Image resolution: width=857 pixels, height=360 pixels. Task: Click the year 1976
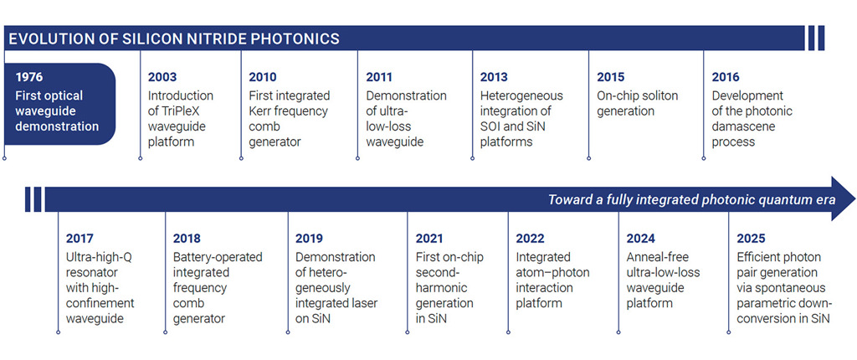point(28,76)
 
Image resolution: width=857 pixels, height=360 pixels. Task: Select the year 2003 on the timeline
point(162,77)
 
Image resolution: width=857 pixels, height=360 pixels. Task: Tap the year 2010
point(263,77)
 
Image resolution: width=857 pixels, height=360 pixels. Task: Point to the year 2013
point(494,77)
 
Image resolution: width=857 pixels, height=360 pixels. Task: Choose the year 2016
point(726,77)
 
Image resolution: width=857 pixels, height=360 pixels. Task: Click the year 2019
point(309,239)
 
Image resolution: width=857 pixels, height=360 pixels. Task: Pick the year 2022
point(530,239)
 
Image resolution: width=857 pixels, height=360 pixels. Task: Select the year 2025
point(751,239)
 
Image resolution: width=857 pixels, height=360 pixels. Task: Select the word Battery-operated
point(218,257)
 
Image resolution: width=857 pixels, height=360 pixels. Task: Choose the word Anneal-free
point(658,257)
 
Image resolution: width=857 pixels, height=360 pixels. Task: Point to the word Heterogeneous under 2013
point(521,95)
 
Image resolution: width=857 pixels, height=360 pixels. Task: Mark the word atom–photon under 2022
point(552,272)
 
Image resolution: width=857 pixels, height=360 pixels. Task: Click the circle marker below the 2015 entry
point(588,159)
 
